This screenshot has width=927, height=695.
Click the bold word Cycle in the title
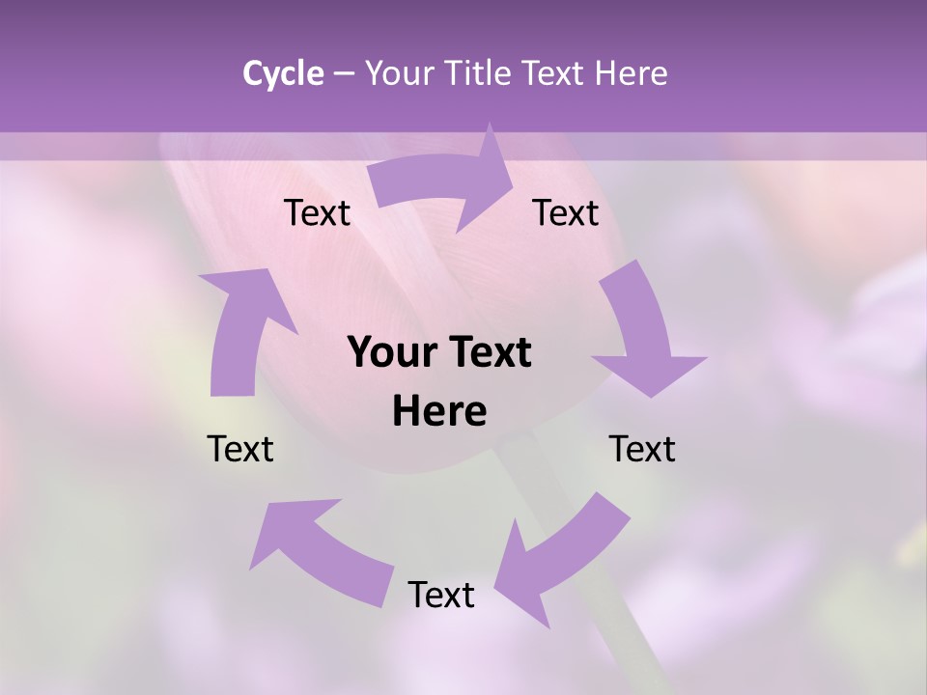(x=283, y=73)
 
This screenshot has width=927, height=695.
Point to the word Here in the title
(x=632, y=73)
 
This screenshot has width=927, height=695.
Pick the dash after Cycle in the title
(x=344, y=74)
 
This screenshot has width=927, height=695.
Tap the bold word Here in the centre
(x=439, y=411)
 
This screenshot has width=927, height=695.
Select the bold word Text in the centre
(x=487, y=353)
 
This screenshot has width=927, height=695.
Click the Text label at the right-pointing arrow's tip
(x=566, y=212)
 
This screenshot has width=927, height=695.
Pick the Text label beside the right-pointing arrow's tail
(x=317, y=212)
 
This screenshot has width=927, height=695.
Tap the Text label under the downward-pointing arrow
(x=642, y=449)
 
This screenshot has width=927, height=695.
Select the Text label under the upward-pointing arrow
(x=241, y=449)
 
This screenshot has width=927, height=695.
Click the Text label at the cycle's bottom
(x=441, y=595)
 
